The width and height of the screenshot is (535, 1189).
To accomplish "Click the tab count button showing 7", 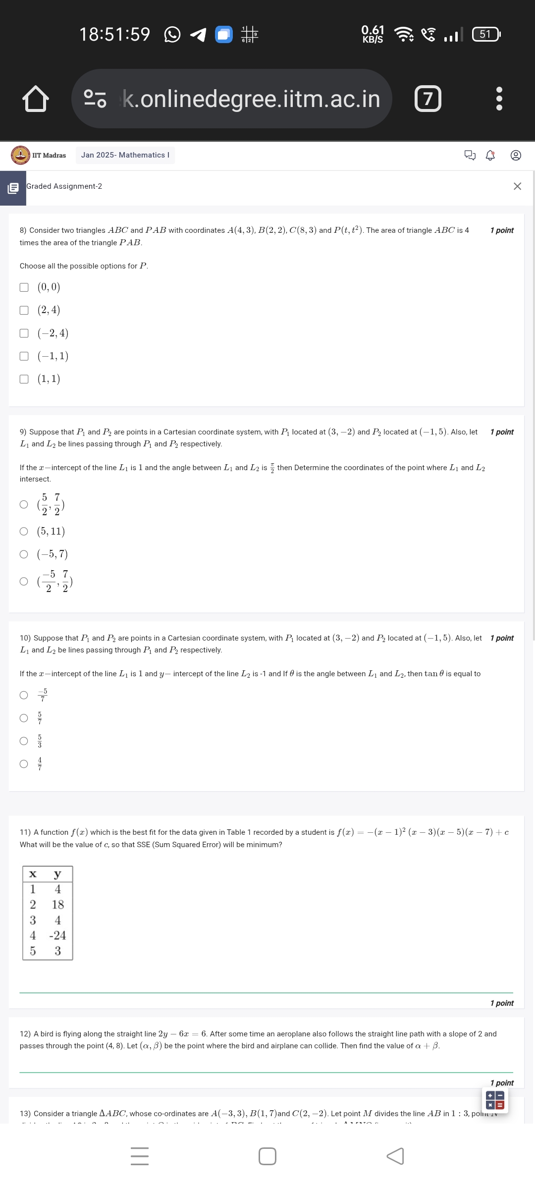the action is [428, 99].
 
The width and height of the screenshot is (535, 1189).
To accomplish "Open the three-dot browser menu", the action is [499, 99].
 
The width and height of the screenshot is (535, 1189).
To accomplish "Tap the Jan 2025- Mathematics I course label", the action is [125, 155].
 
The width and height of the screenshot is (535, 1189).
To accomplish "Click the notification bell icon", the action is [490, 156].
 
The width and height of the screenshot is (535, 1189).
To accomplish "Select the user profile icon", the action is [516, 156].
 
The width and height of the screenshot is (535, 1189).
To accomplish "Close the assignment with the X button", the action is [517, 186].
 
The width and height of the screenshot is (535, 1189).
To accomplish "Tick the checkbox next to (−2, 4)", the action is [24, 333].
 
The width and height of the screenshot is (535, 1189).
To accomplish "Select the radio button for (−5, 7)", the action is [24, 554].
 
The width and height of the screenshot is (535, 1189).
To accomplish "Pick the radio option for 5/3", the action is [24, 741].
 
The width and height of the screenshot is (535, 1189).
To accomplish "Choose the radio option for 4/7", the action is [24, 764].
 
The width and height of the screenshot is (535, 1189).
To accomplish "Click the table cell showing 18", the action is [58, 905].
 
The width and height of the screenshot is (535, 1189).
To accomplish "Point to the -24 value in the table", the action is [57, 935].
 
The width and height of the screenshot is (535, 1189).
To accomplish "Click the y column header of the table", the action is [57, 874].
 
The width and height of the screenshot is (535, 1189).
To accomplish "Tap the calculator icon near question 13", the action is [495, 1100].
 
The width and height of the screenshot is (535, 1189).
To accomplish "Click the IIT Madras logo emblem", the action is [20, 155].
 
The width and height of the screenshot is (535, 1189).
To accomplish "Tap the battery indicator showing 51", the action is [486, 34].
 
